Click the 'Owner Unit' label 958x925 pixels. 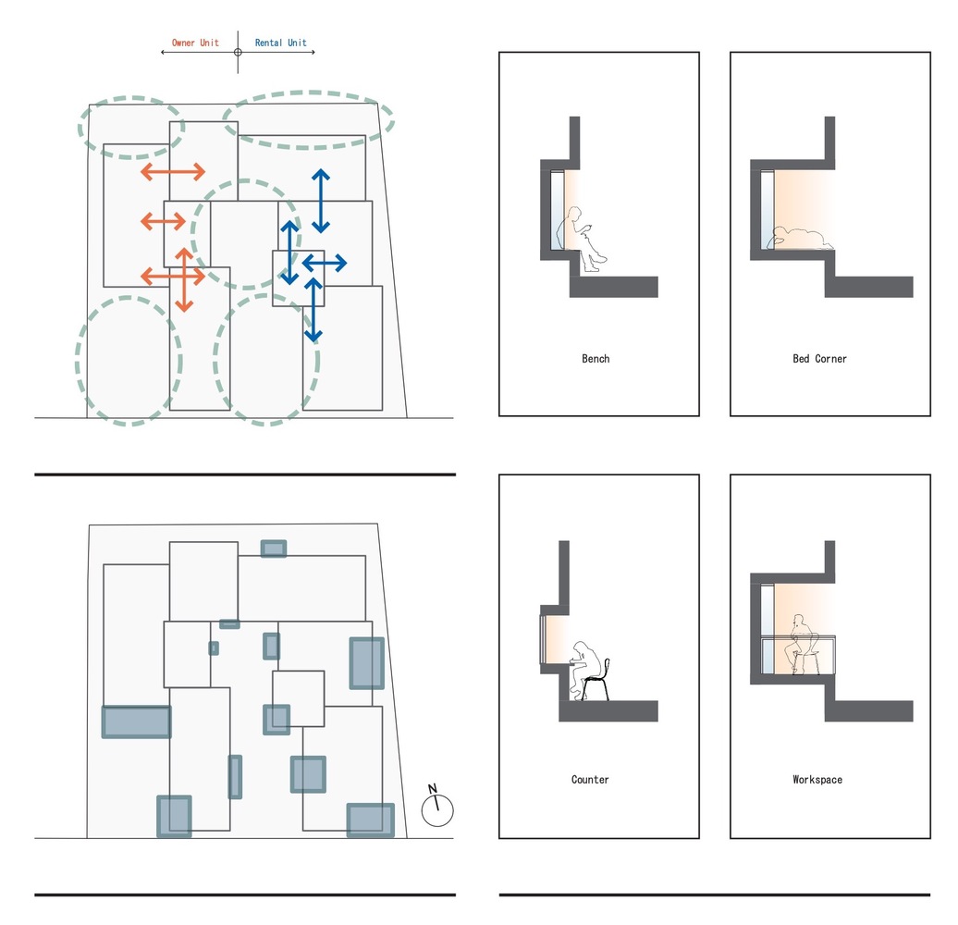pos(195,43)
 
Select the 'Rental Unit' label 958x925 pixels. pos(280,43)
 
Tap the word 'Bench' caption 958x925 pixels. pos(596,359)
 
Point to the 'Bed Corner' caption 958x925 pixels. pos(819,359)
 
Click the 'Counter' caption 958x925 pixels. pos(590,780)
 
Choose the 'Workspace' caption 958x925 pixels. pos(817,780)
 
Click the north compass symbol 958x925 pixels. pos(437,806)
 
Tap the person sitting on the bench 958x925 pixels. pos(581,239)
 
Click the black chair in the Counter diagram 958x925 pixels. pos(596,679)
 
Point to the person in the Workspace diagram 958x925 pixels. pos(803,644)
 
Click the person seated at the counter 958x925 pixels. pos(585,668)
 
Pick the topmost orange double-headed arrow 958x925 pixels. pos(173,172)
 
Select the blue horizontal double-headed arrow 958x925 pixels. pos(325,264)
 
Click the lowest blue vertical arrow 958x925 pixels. pos(313,310)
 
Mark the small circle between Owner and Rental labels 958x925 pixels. pos(238,52)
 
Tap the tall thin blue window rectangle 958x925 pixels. pos(235,776)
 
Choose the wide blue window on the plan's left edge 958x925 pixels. pos(136,721)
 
